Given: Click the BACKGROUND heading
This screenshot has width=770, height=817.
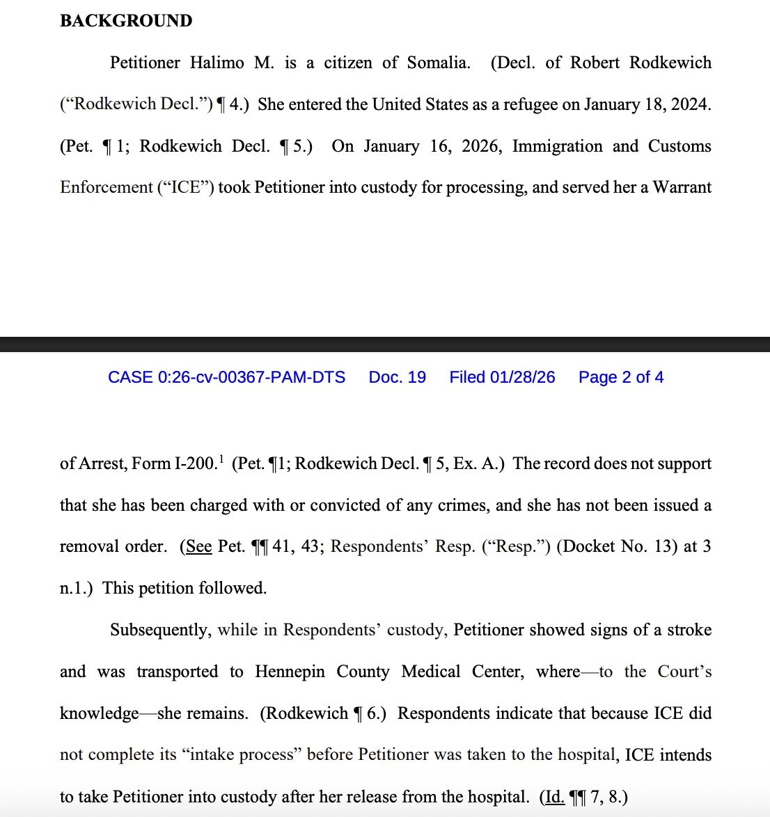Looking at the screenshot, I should coord(126,21).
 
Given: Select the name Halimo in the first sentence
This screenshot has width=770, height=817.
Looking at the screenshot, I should coord(217,63).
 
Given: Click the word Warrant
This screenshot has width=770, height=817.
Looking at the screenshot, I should coord(682,187).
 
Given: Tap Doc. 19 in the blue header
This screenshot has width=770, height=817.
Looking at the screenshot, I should coord(397,377).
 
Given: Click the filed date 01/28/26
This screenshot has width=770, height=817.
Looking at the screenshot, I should coord(523,377).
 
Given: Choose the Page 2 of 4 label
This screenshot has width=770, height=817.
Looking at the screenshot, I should coord(621,377).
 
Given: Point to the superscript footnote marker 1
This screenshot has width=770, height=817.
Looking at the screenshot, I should coord(221,458).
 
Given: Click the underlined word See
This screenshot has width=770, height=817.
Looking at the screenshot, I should coord(198,546).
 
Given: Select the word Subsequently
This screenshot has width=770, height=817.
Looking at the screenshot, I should coord(159,630).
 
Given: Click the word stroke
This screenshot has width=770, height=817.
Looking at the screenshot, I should coord(688,630).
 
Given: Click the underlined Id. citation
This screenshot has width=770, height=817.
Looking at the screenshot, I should coord(554,797).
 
